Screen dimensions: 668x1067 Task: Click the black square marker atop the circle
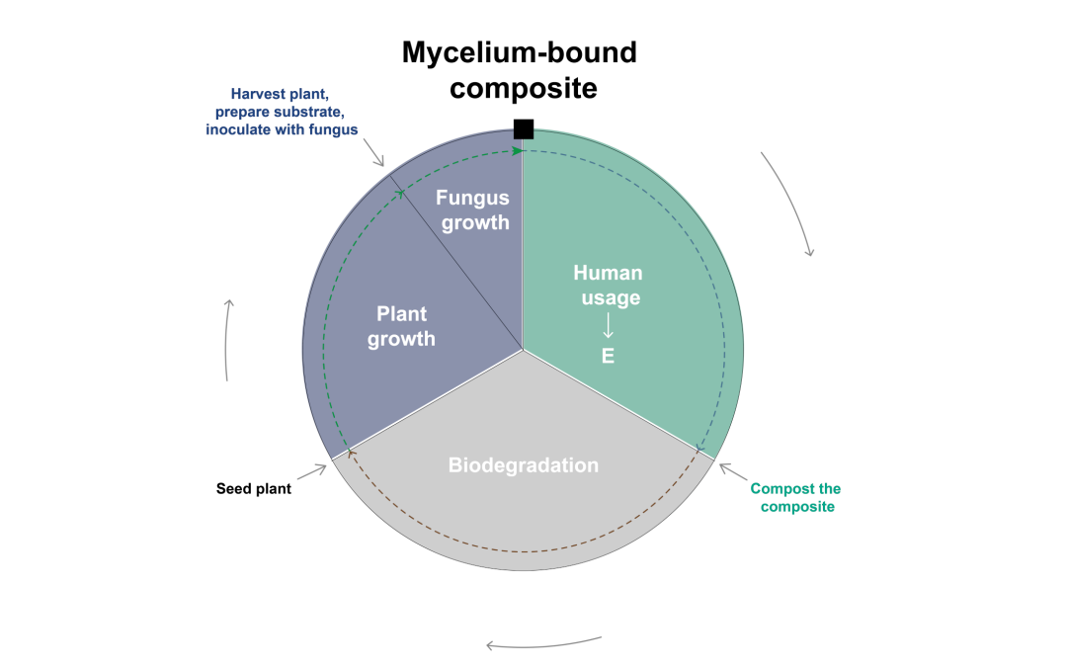coord(524,128)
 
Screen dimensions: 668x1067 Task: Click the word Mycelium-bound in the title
coord(519,52)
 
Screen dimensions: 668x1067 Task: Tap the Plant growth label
coord(401,326)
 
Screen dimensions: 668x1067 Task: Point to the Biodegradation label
coord(524,464)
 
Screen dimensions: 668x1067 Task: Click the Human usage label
coord(608,285)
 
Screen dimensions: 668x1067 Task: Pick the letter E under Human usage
coord(608,356)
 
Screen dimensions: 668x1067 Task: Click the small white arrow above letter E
coord(608,324)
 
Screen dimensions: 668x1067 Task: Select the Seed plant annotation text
coord(254,488)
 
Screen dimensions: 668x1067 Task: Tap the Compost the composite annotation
coord(795,497)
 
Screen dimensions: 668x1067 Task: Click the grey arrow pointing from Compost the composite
coord(728,469)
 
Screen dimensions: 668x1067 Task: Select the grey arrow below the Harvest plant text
coord(374,153)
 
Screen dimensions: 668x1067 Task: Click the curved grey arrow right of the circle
coord(789,203)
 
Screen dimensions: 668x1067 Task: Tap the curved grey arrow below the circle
coord(543,643)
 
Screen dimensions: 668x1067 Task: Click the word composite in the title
coord(524,88)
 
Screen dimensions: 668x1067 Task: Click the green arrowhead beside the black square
coord(516,150)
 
